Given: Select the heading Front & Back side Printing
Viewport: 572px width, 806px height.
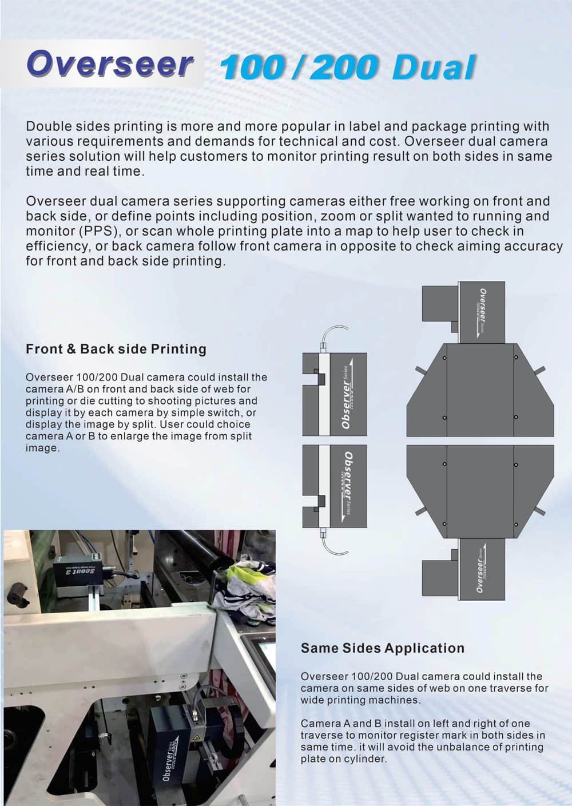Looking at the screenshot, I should (116, 349).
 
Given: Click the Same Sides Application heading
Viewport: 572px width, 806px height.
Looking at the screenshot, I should (383, 648).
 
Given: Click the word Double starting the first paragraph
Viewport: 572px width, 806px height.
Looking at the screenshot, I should (48, 126).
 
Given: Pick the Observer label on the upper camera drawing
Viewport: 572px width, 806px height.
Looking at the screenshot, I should (347, 398).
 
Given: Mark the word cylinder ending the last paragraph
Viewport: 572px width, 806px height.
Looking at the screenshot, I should (366, 759).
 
